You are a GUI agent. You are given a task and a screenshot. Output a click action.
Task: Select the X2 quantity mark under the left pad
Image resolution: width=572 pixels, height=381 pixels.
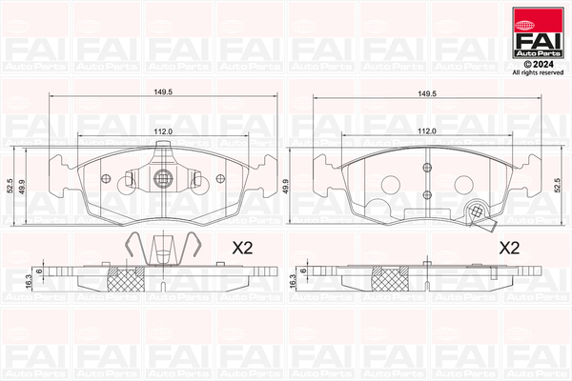[x=241, y=248]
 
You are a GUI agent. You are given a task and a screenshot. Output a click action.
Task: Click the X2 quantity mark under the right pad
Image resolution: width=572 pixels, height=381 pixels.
[x=509, y=248]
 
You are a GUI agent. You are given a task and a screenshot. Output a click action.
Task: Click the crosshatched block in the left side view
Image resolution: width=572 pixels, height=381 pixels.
[x=125, y=280]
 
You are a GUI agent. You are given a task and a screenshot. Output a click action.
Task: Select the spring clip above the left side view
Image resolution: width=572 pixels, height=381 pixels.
[x=162, y=250]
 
